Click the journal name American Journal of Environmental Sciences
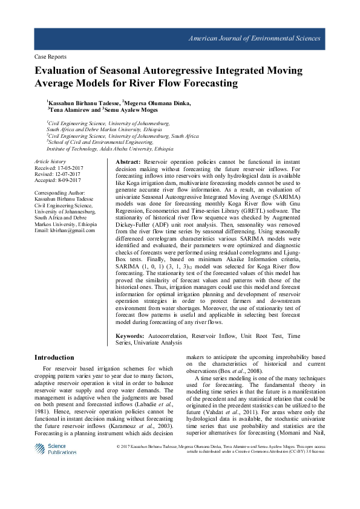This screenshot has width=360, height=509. click(255, 39)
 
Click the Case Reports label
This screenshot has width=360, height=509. click(51, 57)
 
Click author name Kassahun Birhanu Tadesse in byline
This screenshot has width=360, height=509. click(83, 103)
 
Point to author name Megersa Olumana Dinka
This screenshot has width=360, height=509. click(158, 103)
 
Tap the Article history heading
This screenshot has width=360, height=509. click(50, 162)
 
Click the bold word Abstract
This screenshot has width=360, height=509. click(127, 163)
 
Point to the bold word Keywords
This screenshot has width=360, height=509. click(130, 336)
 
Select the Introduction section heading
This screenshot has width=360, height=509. click(54, 357)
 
